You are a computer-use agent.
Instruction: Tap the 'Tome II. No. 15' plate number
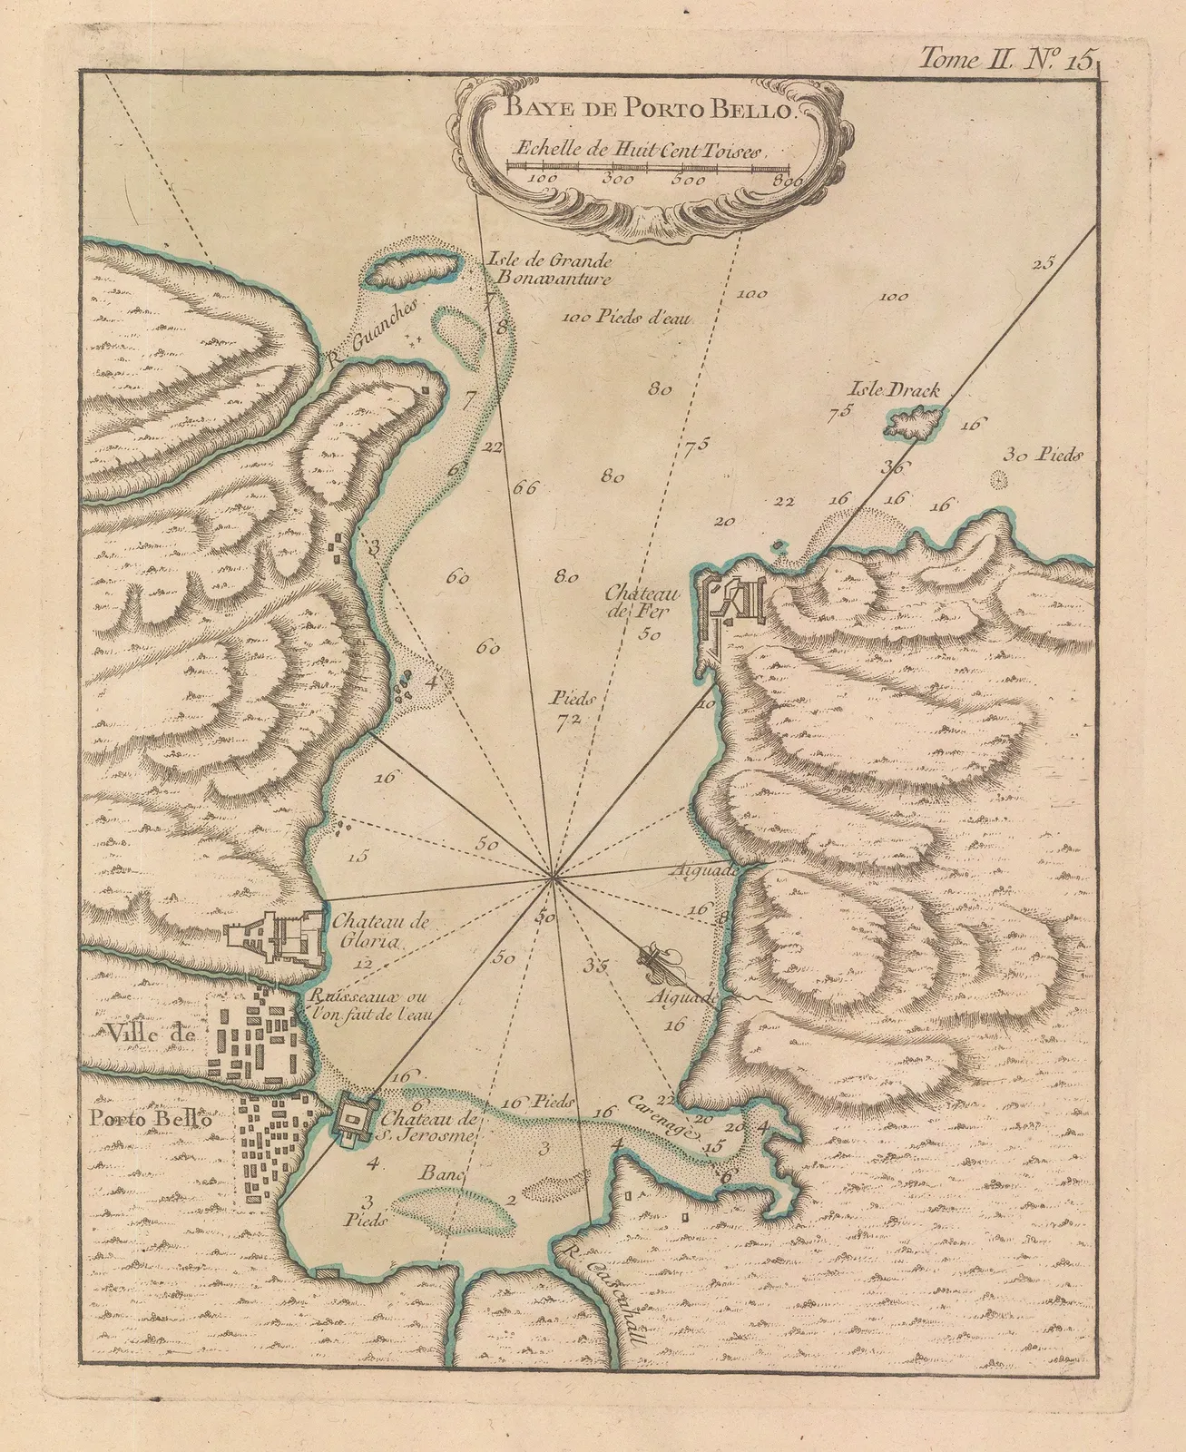(1007, 60)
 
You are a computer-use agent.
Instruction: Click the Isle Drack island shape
(915, 423)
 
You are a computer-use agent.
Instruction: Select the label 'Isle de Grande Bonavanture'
(549, 269)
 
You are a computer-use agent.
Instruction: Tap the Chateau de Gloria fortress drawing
(277, 933)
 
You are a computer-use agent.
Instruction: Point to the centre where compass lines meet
(551, 877)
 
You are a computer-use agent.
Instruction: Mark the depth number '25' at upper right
(1044, 264)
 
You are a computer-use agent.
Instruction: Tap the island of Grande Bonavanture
(409, 269)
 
